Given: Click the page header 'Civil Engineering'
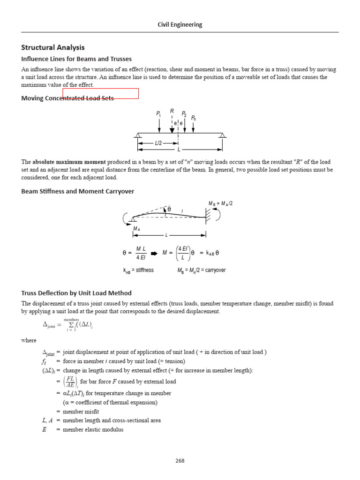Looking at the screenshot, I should (180, 24).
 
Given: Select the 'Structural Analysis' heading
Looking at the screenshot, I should (53, 47).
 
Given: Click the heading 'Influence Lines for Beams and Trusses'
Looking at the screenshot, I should (76, 59).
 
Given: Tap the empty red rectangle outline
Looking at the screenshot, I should (100, 93).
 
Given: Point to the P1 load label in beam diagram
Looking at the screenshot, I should (158, 113).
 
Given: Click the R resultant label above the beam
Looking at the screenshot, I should (172, 111).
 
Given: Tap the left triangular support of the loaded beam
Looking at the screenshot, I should (138, 136).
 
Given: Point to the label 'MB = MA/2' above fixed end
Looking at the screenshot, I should (221, 203).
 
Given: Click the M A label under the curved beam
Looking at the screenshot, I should (137, 228).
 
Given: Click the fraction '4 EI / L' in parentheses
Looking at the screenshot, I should (182, 253).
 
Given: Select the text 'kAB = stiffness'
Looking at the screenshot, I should (138, 270).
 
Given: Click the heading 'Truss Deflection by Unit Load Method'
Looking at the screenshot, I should (76, 293).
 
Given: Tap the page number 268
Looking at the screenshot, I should (180, 461).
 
